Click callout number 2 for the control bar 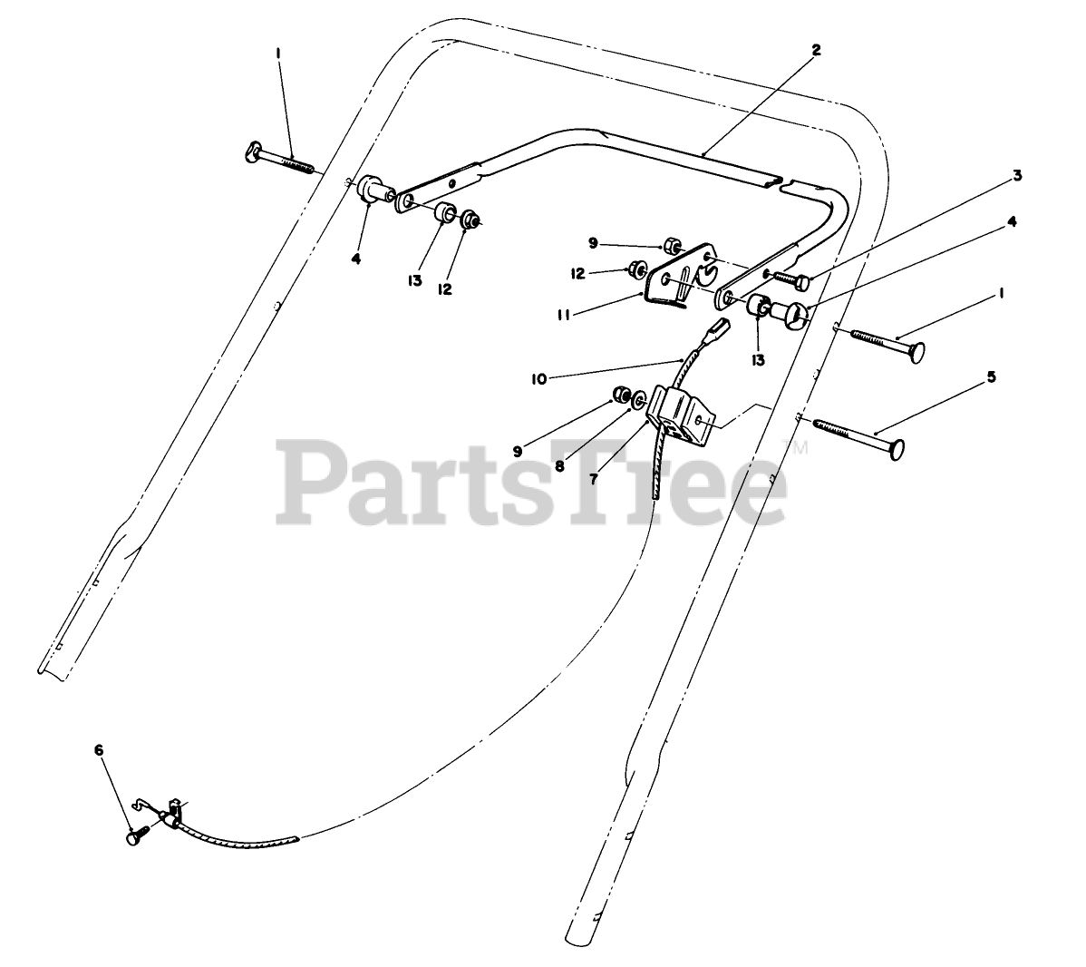tap(816, 51)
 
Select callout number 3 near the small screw tap(1017, 175)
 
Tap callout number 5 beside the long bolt tap(991, 376)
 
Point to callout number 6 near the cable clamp tap(99, 750)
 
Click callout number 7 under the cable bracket tap(594, 478)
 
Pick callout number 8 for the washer tap(559, 466)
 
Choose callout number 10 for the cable tap(539, 379)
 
